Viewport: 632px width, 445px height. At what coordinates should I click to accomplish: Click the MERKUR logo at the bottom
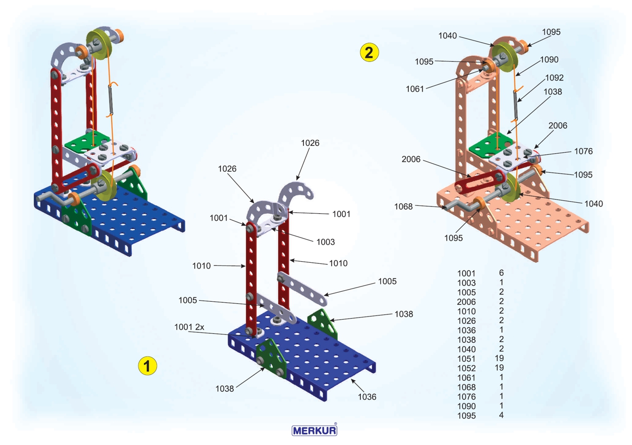click(314, 430)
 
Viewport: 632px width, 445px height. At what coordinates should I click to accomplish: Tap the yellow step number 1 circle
click(147, 365)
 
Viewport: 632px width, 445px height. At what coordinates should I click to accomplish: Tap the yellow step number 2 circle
click(369, 52)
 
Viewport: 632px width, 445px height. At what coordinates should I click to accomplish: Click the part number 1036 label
click(367, 397)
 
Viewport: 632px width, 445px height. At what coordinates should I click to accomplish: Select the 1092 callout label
click(554, 77)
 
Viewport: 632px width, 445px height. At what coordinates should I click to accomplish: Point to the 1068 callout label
click(404, 206)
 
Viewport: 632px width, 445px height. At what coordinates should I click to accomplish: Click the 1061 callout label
click(415, 88)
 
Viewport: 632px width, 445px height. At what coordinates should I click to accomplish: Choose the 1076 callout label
click(584, 151)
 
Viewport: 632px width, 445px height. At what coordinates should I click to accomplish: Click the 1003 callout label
click(325, 242)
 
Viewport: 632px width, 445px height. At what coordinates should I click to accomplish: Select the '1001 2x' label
click(190, 327)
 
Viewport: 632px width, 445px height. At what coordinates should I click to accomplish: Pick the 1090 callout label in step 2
click(549, 60)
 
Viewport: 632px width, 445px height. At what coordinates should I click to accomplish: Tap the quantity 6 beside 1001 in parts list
click(501, 273)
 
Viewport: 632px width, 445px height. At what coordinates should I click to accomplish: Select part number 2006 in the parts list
click(466, 302)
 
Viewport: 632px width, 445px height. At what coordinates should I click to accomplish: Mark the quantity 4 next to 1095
click(501, 416)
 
